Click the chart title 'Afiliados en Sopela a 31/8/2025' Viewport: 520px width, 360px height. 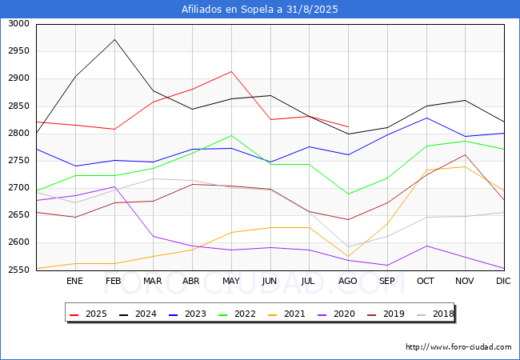260,10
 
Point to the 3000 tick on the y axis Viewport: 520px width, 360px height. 18,24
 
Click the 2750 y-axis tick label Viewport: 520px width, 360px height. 18,161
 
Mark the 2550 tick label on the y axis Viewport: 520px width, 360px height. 18,270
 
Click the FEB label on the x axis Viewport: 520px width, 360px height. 114,281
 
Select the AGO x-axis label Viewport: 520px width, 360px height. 348,281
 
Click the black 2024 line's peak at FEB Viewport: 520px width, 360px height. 114,39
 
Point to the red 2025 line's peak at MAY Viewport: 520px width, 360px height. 231,71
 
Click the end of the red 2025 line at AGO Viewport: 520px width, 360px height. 348,126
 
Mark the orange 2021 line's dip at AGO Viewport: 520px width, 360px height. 348,256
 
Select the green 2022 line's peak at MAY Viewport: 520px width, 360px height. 231,135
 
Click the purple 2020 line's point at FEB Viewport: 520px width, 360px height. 114,186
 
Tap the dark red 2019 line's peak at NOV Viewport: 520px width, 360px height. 465,154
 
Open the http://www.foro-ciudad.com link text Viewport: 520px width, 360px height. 458,347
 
